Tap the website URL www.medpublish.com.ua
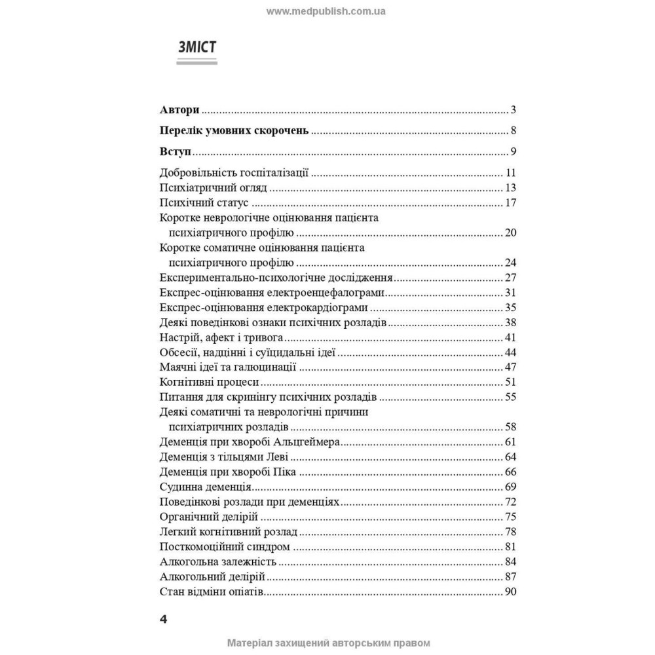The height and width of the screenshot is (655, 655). point(327,11)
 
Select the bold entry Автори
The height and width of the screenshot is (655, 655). point(179,109)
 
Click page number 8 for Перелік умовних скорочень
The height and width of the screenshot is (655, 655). point(514,130)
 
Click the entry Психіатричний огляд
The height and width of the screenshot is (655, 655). point(214,188)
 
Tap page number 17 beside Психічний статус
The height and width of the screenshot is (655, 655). point(511,202)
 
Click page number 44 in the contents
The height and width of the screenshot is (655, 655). point(511,353)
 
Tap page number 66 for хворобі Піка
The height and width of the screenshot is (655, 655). point(511,472)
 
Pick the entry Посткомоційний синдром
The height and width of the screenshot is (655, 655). point(225,547)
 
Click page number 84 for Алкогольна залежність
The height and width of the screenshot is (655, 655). point(511,562)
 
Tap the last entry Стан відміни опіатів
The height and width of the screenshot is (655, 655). point(211,592)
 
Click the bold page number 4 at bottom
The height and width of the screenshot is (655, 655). point(164,620)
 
